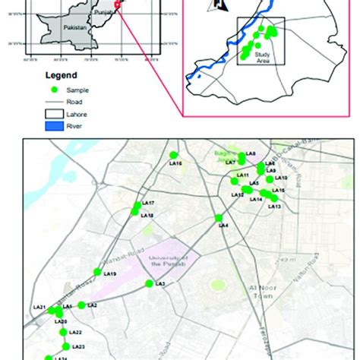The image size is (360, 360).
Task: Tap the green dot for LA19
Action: (97, 271)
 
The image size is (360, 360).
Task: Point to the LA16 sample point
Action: (173, 155)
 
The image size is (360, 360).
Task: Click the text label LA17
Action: (148, 204)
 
